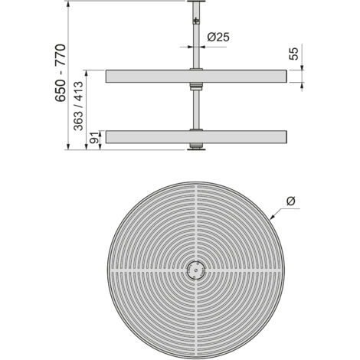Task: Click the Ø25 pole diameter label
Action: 218,38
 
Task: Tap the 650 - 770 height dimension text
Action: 61,73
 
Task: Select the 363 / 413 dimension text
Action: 78,106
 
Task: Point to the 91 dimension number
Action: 94,138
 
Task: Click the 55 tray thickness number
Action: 294,54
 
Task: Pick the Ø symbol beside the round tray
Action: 290,201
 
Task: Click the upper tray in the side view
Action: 196,76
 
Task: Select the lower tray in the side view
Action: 196,137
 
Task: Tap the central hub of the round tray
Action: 196,270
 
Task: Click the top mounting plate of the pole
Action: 196,2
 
